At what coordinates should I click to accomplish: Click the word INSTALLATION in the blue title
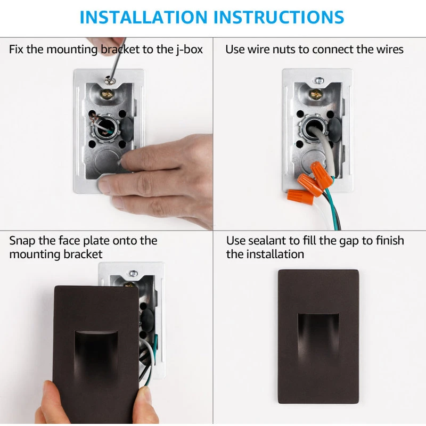coord(143,18)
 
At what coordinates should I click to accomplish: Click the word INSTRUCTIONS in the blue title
coord(278,18)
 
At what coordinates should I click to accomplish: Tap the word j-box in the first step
coord(189,50)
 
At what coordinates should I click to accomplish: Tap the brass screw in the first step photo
coord(108,94)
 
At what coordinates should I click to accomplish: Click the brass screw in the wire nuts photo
coord(316,94)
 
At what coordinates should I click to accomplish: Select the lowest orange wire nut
coord(300,196)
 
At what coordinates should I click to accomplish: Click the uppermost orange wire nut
coord(322,175)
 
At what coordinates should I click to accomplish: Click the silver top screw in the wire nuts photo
coord(318,80)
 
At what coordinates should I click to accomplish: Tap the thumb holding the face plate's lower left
coord(52,402)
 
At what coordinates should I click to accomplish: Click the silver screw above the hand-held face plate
coord(133,273)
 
